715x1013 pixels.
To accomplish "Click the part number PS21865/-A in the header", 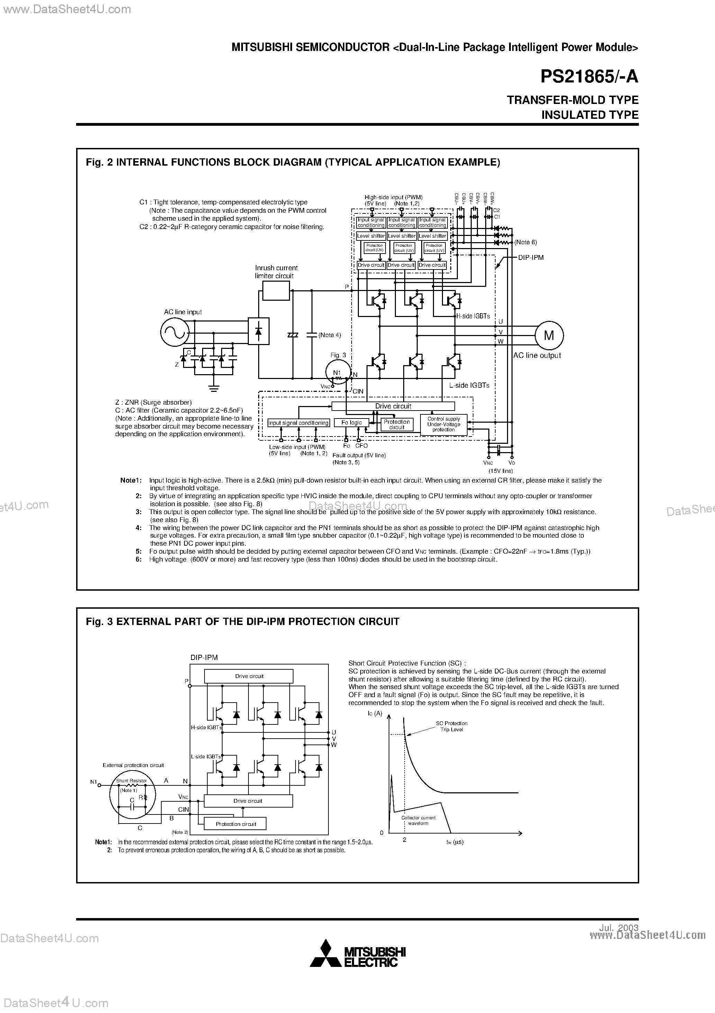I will pos(589,77).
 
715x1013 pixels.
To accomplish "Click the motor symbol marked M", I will pos(549,336).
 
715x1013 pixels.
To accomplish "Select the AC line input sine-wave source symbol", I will pos(174,332).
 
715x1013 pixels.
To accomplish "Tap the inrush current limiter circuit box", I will pos(276,290).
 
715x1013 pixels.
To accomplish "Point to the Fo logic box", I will pos(351,423).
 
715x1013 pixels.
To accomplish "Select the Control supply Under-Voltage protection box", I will pos(443,424).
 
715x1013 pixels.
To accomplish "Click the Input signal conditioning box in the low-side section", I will pos(298,423).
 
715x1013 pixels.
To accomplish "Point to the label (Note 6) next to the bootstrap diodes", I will pos(525,242).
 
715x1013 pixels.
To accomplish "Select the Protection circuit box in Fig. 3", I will pos(236,824).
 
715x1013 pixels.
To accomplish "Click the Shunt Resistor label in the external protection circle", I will pos(132,781).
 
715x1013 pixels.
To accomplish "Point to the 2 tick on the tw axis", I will pos(404,840).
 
